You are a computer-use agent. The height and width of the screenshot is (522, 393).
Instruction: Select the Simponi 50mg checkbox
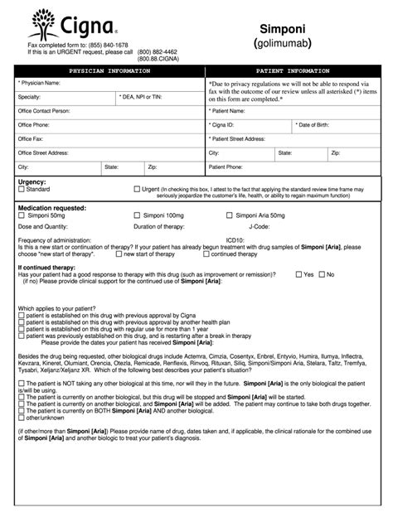pos(22,215)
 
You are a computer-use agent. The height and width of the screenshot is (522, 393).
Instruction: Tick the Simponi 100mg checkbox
pos(137,215)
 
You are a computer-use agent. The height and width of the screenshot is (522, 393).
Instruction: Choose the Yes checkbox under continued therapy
pos(298,273)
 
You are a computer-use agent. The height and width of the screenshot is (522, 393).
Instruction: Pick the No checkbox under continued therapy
pos(322,273)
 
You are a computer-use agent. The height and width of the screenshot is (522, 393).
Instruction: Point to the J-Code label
pos(260,225)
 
